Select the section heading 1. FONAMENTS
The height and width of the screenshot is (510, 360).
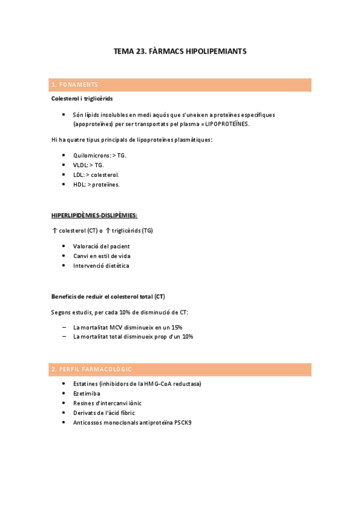(75, 85)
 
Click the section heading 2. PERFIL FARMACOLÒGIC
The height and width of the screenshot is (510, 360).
(91, 369)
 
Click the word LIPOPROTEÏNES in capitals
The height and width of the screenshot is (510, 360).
(227, 124)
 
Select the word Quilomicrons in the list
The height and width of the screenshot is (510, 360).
(91, 155)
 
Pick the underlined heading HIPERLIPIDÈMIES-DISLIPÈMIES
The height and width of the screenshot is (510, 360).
(94, 215)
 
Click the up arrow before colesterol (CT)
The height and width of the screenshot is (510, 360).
(54, 231)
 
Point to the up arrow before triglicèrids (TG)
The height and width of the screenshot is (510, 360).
(108, 231)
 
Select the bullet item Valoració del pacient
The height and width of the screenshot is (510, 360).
(101, 246)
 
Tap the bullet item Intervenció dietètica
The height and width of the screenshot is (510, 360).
(101, 265)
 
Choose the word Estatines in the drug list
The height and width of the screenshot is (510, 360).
(87, 384)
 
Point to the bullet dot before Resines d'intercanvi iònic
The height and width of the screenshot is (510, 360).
(64, 403)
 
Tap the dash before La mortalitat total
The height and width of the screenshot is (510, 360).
(64, 337)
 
